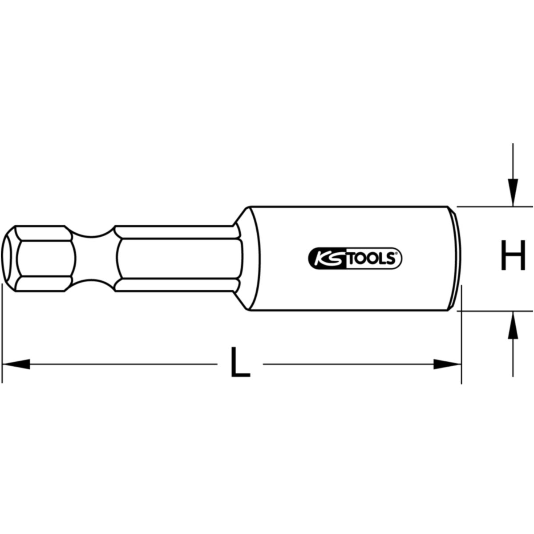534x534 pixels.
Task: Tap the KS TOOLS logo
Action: click(x=355, y=258)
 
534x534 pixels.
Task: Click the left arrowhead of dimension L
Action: click(x=16, y=364)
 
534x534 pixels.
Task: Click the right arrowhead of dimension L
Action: click(x=447, y=364)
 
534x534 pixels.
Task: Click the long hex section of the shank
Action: click(x=178, y=259)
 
